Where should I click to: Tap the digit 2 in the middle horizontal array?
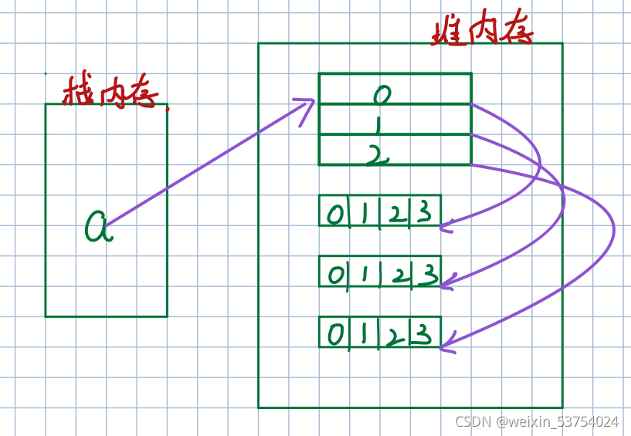[395, 275]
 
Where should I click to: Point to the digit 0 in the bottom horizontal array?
[335, 334]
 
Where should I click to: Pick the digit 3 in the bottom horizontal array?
[421, 334]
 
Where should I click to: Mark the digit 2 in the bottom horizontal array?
[393, 336]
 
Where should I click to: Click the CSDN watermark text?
[536, 421]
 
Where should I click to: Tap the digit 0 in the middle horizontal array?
[334, 274]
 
